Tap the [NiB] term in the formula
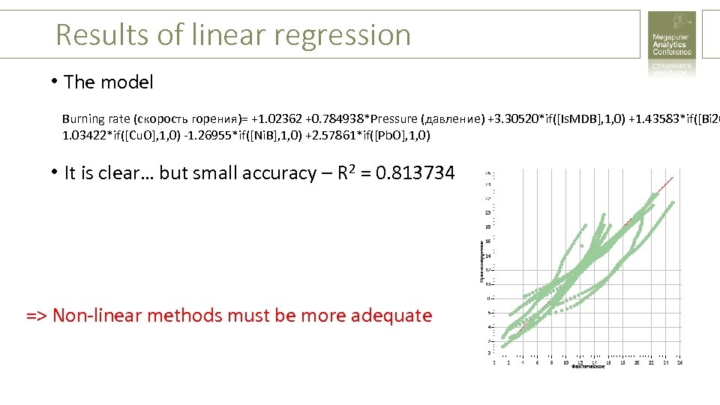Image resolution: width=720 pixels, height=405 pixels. pyautogui.click(x=267, y=136)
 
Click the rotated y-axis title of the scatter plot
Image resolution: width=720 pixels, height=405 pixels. pyautogui.click(x=481, y=261)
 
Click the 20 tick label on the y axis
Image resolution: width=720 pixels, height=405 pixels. pyautogui.click(x=487, y=213)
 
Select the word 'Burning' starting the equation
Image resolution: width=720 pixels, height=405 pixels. pyautogui.click(x=85, y=118)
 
